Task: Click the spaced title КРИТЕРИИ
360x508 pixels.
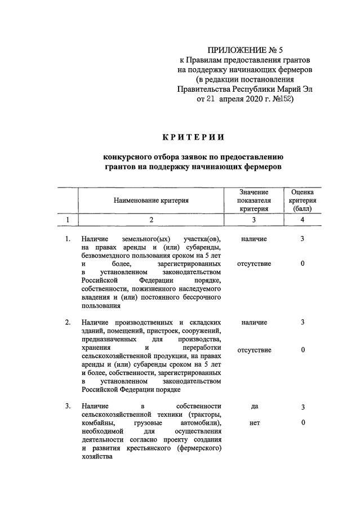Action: click(193, 137)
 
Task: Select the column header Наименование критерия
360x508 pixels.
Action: click(151, 200)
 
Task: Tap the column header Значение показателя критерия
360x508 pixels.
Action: click(254, 200)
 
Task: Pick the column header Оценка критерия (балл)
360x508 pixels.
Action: click(303, 200)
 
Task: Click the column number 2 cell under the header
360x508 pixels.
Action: click(151, 220)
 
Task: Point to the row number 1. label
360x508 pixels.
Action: click(68, 239)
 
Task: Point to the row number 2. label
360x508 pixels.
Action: click(68, 322)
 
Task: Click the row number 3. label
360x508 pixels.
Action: click(68, 406)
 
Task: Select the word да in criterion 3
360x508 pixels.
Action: click(254, 406)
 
